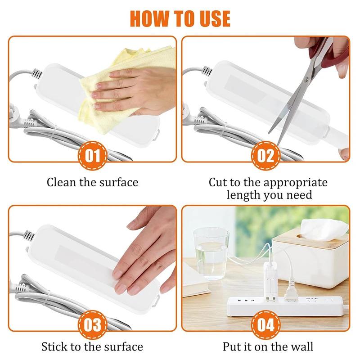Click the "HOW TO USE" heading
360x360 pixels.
coord(180,18)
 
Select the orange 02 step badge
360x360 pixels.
coord(265,157)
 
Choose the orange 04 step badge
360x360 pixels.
coord(265,325)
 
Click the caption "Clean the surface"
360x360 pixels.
coord(92,182)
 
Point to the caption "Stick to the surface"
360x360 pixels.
coord(92,346)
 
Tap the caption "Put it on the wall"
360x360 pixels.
coord(268,346)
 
